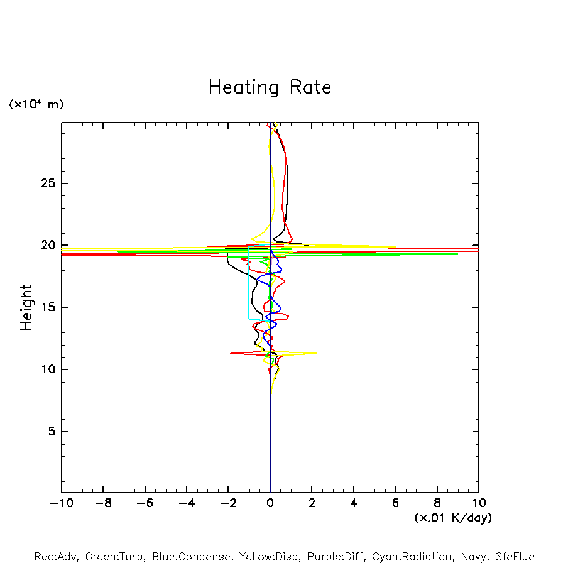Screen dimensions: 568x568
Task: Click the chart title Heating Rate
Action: pyautogui.click(x=270, y=87)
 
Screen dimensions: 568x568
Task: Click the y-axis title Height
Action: pyautogui.click(x=26, y=307)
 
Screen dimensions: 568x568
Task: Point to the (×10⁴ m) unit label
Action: pyautogui.click(x=36, y=104)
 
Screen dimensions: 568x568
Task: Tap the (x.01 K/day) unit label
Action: pyautogui.click(x=452, y=518)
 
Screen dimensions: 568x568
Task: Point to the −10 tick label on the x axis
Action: pyautogui.click(x=60, y=503)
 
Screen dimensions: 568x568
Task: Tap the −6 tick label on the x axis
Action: pyautogui.click(x=144, y=503)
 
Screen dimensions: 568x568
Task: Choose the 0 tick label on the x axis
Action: pyautogui.click(x=270, y=503)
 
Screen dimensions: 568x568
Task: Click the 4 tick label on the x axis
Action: pyautogui.click(x=354, y=503)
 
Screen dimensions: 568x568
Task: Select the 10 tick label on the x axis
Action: pyautogui.click(x=479, y=503)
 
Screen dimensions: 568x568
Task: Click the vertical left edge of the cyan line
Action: pyautogui.click(x=249, y=283)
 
